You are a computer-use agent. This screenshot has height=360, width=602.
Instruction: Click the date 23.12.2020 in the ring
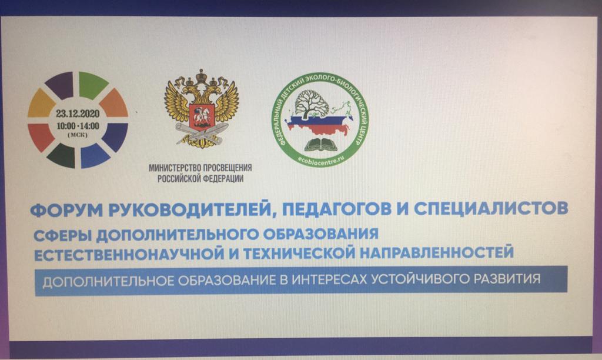pyautogui.click(x=78, y=114)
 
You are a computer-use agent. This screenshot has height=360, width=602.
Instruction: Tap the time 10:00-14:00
pyautogui.click(x=78, y=126)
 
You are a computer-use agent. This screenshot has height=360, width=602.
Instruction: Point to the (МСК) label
pyautogui.click(x=78, y=135)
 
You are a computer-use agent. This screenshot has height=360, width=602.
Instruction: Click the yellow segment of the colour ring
pyautogui.click(x=41, y=103)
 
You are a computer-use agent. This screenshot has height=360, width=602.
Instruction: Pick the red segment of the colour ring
pyautogui.click(x=41, y=136)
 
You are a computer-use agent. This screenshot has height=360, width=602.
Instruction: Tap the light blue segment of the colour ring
pyautogui.click(x=94, y=156)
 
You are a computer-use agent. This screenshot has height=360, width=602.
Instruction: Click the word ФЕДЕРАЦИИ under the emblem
pyautogui.click(x=223, y=179)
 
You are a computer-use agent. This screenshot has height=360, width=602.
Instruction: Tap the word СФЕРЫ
pyautogui.click(x=62, y=235)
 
